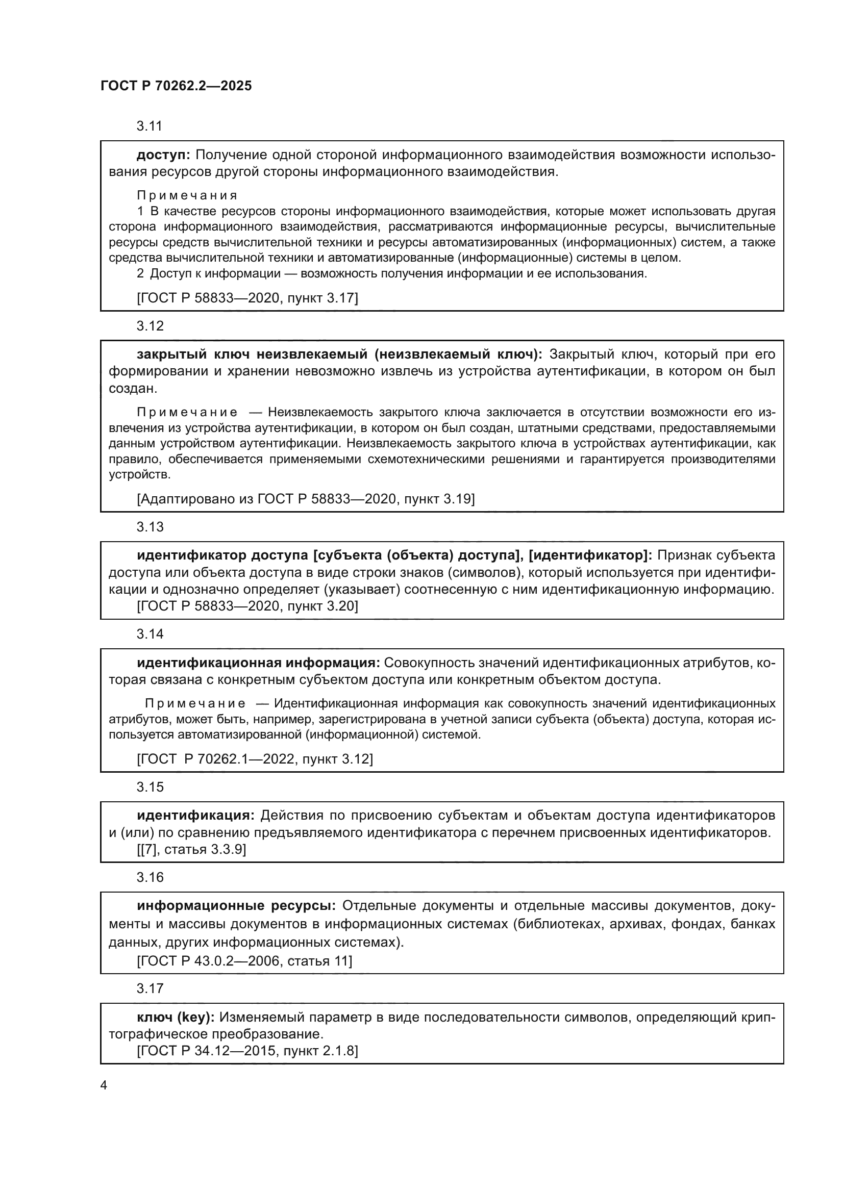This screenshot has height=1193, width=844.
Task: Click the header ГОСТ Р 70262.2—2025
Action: click(176, 86)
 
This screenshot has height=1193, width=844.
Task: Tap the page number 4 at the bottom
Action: click(104, 1085)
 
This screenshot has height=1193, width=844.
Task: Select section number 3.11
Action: click(150, 126)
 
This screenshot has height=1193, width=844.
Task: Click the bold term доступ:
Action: click(164, 155)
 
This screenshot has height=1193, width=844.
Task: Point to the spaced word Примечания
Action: click(187, 195)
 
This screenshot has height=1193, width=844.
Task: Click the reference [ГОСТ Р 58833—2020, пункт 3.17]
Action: click(247, 298)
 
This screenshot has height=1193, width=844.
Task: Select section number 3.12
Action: click(150, 326)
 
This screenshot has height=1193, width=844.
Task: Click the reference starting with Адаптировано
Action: click(306, 499)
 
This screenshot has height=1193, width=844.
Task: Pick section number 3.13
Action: click(150, 527)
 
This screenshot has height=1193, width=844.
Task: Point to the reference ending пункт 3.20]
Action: click(247, 606)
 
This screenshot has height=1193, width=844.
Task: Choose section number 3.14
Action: click(150, 634)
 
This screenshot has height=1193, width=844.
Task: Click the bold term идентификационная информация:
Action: click(258, 663)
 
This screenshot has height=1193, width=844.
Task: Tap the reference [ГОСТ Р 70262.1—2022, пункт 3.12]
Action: click(255, 759)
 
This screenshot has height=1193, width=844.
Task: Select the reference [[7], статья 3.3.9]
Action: click(191, 850)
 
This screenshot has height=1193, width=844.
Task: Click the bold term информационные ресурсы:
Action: click(236, 906)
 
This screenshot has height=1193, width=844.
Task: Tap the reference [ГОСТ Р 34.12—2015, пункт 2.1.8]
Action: click(247, 1051)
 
